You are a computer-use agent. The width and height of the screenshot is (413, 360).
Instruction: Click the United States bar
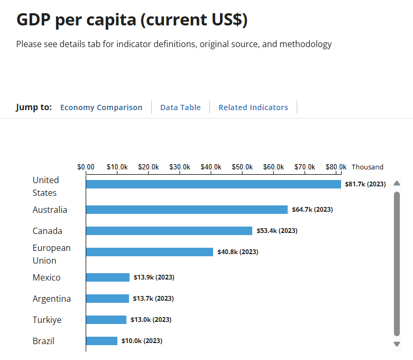click(x=213, y=184)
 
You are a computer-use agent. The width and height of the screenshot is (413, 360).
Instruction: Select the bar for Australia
click(x=187, y=210)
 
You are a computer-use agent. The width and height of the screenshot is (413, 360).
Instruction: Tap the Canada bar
click(x=169, y=231)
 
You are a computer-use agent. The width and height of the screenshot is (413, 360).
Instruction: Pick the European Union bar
click(x=149, y=252)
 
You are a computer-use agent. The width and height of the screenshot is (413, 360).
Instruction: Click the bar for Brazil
click(x=102, y=341)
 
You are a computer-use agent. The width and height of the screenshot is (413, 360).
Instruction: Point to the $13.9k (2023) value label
click(x=153, y=277)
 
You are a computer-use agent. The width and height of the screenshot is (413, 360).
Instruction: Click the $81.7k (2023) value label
click(x=365, y=184)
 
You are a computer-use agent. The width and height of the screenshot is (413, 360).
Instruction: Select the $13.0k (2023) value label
click(x=151, y=320)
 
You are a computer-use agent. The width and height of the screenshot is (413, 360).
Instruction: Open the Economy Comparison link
click(x=101, y=107)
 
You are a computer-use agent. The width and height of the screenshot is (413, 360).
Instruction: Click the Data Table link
click(x=180, y=107)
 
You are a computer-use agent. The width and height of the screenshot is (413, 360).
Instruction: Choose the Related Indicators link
click(x=253, y=107)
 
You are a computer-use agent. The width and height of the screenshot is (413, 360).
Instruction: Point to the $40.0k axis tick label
click(x=211, y=167)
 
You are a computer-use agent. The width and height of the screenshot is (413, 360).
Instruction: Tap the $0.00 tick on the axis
click(x=86, y=167)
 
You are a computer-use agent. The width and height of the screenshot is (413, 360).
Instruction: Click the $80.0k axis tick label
click(x=336, y=167)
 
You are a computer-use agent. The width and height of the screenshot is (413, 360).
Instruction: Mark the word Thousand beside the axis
click(x=368, y=167)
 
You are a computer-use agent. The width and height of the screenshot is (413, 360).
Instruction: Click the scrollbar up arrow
click(x=397, y=183)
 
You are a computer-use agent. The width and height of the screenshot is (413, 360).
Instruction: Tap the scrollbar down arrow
click(x=397, y=344)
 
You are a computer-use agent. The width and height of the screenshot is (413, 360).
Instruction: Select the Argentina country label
click(x=51, y=299)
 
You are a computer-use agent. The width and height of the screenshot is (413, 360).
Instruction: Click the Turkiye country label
click(x=47, y=320)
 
